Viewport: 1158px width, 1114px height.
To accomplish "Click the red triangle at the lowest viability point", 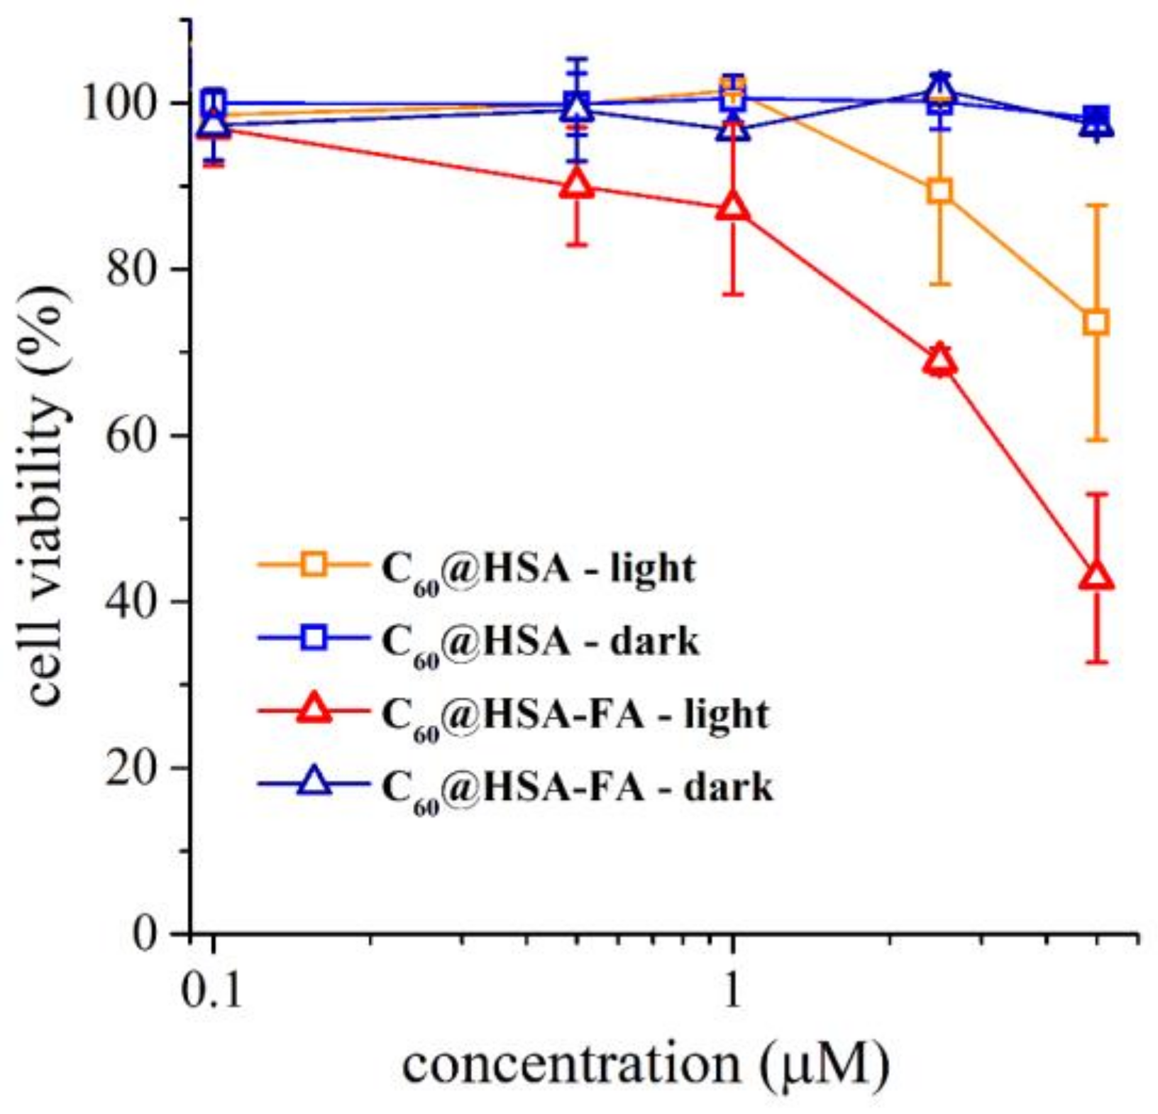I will pos(1096,577).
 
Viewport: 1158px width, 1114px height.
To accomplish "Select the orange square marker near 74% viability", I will pos(1097,322).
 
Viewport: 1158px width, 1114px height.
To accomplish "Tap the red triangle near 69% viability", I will pos(940,361).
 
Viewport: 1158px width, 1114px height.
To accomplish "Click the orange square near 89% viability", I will pos(940,191).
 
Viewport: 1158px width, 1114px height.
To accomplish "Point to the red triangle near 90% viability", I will pos(578,185).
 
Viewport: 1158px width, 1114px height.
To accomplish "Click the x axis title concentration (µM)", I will pos(644,1066).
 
